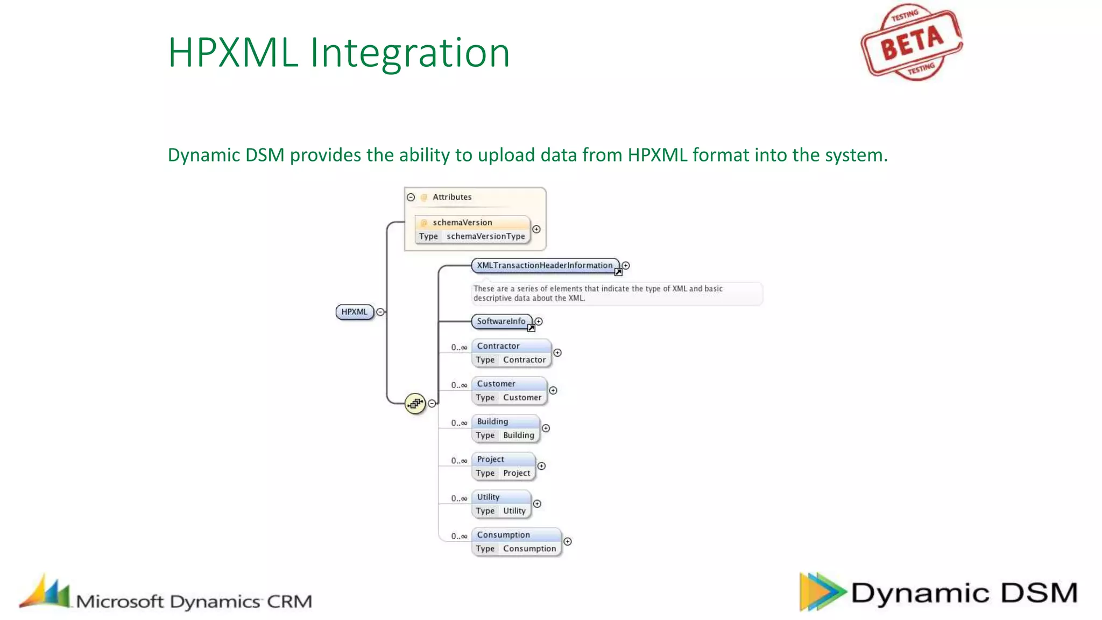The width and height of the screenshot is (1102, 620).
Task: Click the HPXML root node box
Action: coord(355,312)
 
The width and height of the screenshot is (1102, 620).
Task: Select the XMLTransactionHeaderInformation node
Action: coord(545,265)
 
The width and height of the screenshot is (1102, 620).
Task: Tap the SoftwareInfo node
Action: coord(501,321)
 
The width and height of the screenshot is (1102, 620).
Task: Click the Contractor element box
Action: coord(511,353)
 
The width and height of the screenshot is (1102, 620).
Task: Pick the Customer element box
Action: coord(509,391)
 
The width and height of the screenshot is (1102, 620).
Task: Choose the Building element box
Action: coord(505,428)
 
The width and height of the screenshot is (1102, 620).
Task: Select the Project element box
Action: coord(503,466)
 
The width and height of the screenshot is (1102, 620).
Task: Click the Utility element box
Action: coord(501,504)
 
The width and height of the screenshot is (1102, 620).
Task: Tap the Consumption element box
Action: coord(516,541)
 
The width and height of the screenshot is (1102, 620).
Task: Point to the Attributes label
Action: coord(452,197)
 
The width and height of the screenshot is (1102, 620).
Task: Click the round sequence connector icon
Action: coord(415,403)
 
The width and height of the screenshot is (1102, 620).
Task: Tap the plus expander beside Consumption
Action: coord(567,541)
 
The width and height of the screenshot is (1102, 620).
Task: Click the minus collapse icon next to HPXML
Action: coord(380,312)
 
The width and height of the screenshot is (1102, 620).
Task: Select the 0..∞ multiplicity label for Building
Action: coord(459,423)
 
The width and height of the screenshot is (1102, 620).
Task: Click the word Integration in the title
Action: coord(409,53)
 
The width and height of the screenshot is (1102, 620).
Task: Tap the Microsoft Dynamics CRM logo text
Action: coord(194,601)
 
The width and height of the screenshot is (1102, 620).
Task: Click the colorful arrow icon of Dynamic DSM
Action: coord(820,592)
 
